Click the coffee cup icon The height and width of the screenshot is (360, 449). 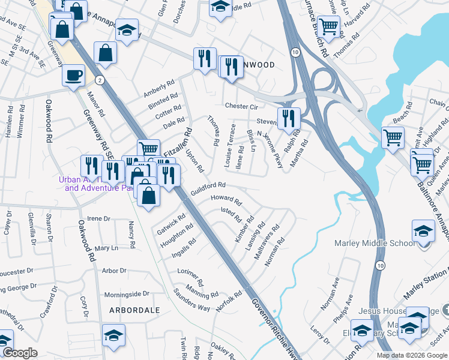tap(74, 76)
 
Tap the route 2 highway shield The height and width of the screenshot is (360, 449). tap(100, 79)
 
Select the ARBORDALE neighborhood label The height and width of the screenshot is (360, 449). tap(135, 310)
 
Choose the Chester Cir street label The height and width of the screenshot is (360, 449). tap(241, 106)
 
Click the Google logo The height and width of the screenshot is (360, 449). tap(20, 353)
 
